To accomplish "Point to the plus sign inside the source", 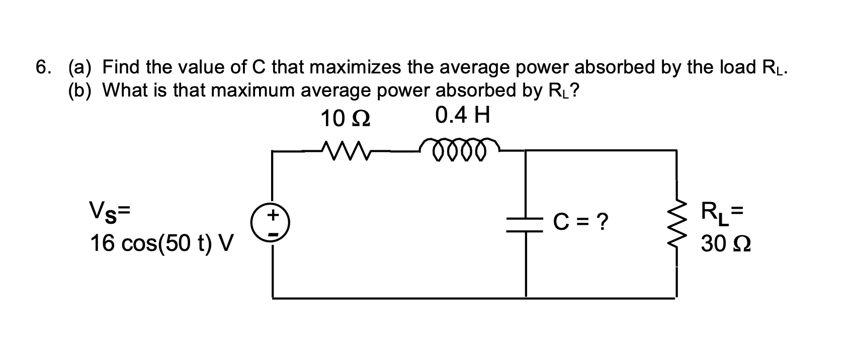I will coord(273,215).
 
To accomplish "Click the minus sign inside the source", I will coord(273,233).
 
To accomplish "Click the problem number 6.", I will coord(44,67).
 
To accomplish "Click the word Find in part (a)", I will coord(122,67).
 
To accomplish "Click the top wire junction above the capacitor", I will coord(526,150).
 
